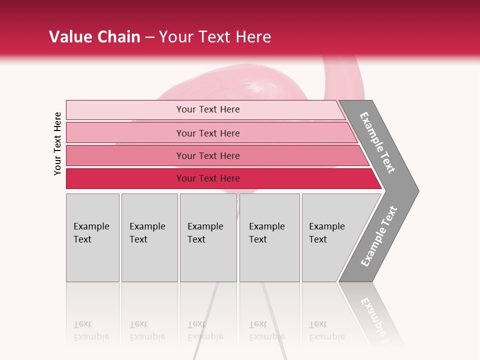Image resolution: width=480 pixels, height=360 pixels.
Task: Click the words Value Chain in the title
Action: (x=94, y=37)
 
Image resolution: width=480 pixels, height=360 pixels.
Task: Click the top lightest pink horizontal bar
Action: (x=125, y=110)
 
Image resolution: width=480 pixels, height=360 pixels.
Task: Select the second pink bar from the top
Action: (x=125, y=133)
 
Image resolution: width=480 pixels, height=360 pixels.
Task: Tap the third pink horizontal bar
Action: (x=125, y=155)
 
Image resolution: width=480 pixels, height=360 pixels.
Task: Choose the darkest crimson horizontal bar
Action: (x=125, y=178)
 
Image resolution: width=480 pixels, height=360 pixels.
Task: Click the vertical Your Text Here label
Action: (x=57, y=143)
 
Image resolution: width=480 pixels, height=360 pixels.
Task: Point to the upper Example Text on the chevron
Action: (x=377, y=142)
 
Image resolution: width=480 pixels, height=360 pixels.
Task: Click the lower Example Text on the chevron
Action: (x=379, y=236)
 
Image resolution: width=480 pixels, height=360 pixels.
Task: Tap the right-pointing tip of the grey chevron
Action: (x=416, y=190)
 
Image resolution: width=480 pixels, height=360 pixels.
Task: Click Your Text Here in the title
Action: (x=215, y=37)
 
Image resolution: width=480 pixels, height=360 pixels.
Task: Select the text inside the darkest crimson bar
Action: (x=208, y=178)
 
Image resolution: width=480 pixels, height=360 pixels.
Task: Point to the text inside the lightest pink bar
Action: (x=208, y=109)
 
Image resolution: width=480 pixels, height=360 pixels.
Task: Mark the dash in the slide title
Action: (x=149, y=37)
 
